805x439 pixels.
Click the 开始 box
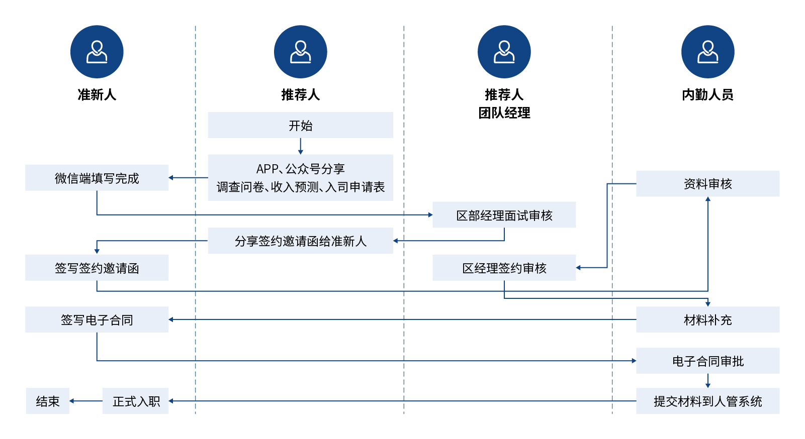pos(300,125)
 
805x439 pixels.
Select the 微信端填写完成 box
pos(97,178)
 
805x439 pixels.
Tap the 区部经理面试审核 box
pos(504,215)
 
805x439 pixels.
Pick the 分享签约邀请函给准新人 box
pos(300,241)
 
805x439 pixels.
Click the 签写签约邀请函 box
pos(97,268)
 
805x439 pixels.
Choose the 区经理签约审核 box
pos(504,268)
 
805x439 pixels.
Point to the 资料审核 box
pos(707,184)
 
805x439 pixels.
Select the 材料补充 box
pos(707,319)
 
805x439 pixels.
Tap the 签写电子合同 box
pos(97,319)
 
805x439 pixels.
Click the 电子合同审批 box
pos(707,361)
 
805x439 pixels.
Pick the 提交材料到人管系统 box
pos(707,401)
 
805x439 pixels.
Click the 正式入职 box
pos(135,401)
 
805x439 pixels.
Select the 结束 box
pos(47,401)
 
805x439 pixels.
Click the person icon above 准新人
pos(97,52)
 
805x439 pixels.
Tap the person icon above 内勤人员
pos(707,52)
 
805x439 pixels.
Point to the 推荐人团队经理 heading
pos(504,103)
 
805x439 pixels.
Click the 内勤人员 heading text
pos(707,94)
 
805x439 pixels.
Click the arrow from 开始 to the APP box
pos(300,146)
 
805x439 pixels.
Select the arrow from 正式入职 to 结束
pos(85,401)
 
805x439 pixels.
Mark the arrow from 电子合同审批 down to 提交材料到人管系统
pos(707,381)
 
